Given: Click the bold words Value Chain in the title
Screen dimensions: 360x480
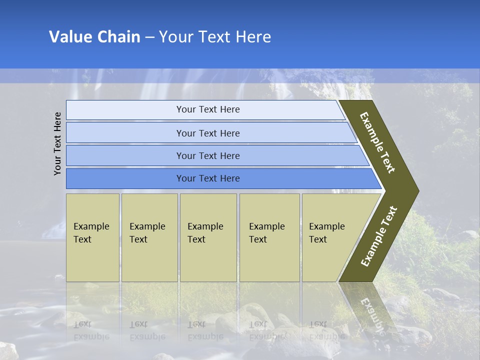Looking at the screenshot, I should (x=94, y=37).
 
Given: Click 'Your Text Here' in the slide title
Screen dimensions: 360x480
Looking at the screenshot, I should (x=215, y=37).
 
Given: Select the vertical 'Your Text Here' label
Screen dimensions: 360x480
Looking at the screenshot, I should (x=57, y=143).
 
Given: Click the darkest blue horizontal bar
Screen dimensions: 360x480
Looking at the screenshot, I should (x=125, y=178).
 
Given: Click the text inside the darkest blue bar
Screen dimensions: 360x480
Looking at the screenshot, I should (x=208, y=178).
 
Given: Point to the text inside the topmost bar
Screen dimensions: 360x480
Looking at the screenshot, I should (x=208, y=109).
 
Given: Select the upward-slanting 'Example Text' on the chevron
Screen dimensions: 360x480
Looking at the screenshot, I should (x=379, y=236).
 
